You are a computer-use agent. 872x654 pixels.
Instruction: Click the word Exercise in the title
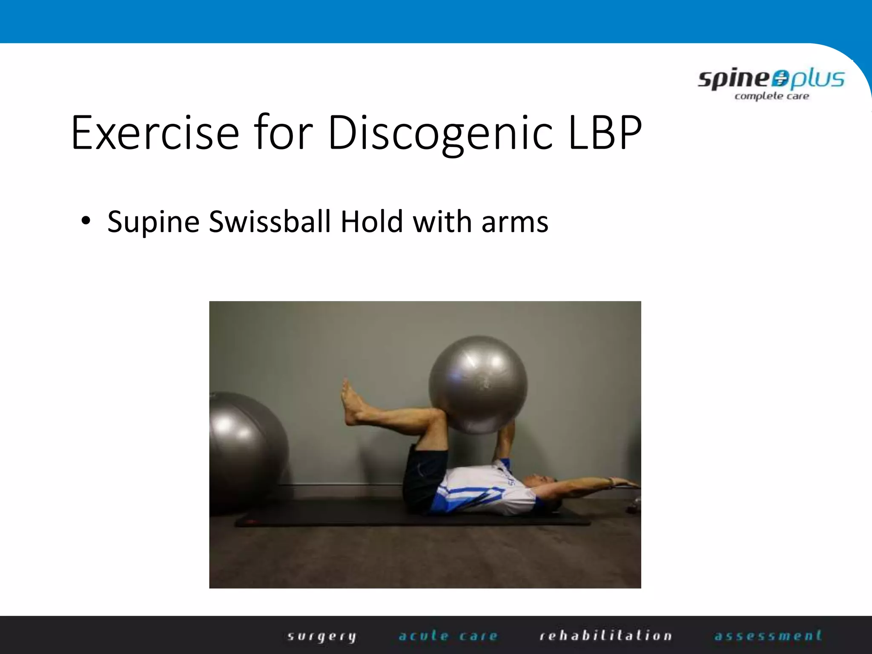[155, 133]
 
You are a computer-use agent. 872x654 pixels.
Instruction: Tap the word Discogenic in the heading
[440, 133]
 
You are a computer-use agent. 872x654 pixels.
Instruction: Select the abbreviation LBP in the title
[605, 133]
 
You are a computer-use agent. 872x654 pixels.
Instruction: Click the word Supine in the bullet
[153, 222]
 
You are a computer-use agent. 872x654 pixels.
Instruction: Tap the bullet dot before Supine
[86, 221]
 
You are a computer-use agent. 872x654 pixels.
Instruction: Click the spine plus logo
[771, 80]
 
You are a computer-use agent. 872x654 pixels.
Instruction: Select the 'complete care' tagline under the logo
[772, 96]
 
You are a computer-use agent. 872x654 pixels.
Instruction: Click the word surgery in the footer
[321, 636]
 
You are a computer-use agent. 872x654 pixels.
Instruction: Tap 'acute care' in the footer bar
[448, 636]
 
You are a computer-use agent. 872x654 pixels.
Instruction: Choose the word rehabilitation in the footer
[605, 636]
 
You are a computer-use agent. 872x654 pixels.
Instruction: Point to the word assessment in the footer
[768, 636]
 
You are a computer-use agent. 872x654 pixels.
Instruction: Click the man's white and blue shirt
[485, 490]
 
